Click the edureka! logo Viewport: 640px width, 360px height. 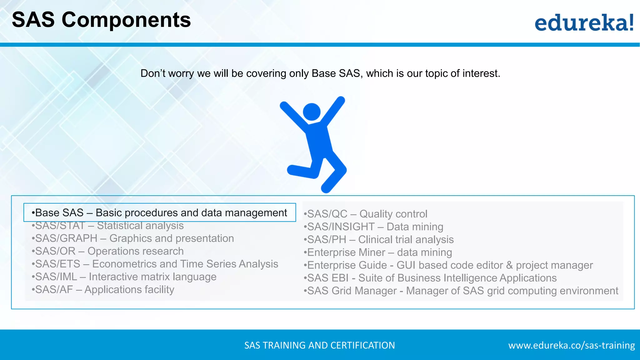584,23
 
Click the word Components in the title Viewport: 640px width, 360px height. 126,20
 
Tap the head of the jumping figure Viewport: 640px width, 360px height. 312,112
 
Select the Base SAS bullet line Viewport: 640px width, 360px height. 159,212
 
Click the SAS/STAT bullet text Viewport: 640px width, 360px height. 108,226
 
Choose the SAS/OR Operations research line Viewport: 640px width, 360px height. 108,251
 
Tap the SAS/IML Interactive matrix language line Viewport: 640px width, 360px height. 124,277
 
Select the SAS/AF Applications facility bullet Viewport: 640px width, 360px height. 103,290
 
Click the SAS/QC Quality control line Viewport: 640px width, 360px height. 366,214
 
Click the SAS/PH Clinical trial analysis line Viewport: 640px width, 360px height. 379,240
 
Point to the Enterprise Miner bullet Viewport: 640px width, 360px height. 378,252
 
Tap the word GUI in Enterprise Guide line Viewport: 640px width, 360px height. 406,265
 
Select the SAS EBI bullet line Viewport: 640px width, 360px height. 431,278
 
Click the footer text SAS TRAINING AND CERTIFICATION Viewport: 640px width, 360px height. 319,345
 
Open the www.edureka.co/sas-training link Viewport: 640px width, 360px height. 571,345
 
